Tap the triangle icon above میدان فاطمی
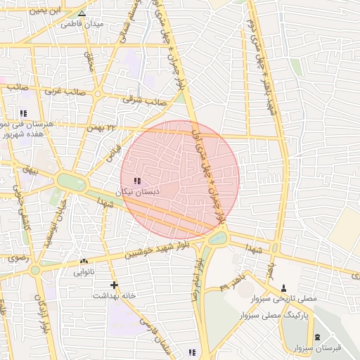82,13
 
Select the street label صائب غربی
65,91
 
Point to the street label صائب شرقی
145,101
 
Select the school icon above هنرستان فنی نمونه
23,113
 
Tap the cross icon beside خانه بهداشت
115,285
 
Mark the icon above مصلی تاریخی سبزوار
283,288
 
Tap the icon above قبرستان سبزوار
317,337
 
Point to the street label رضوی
17,259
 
